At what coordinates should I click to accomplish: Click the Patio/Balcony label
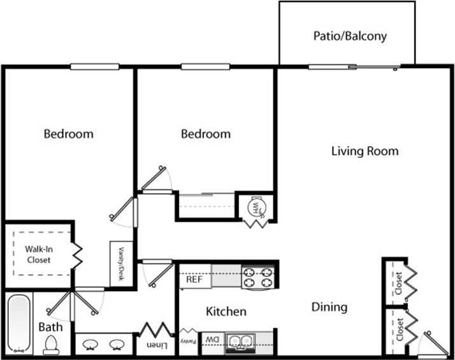tap(350, 36)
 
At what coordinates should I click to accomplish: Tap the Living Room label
tap(365, 151)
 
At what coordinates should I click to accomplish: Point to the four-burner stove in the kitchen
tap(257, 278)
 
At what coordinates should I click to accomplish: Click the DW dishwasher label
tap(212, 340)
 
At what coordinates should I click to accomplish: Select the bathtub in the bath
tap(19, 324)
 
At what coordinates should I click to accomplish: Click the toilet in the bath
tap(51, 345)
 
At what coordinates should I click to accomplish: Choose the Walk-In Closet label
tap(39, 254)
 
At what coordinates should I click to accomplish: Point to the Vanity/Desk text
tap(121, 264)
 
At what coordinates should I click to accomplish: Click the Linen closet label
tap(157, 345)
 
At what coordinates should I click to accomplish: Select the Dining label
tap(329, 307)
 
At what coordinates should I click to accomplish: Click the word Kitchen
tap(226, 312)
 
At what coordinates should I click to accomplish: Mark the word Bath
tap(50, 327)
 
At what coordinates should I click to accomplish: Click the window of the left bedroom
tap(94, 67)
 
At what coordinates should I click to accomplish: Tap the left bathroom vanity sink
tap(90, 345)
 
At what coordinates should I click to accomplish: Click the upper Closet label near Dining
tap(399, 283)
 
